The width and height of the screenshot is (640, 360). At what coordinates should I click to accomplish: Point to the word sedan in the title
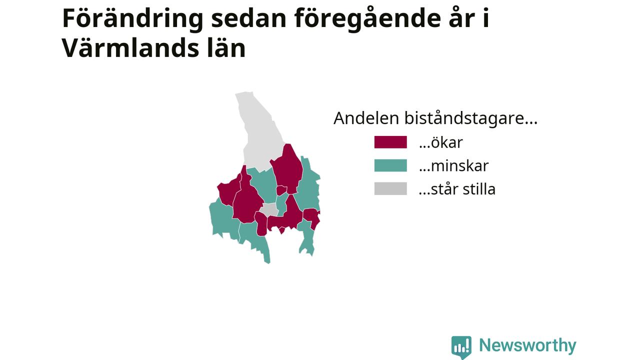(249, 18)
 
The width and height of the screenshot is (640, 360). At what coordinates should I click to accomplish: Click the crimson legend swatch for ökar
(390, 142)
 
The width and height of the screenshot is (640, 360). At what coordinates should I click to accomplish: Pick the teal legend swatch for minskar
(390, 165)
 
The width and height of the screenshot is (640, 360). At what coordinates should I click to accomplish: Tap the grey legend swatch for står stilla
(390, 189)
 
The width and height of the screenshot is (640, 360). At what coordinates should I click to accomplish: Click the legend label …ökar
(441, 142)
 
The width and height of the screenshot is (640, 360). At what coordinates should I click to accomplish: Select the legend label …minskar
(453, 165)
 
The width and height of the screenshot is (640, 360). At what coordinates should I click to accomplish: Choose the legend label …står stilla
(457, 189)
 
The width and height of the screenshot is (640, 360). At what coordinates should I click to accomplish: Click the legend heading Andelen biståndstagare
(435, 117)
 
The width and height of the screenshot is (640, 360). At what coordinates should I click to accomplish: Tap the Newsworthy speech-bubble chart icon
(461, 347)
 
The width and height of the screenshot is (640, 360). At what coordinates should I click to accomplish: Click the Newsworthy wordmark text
(527, 345)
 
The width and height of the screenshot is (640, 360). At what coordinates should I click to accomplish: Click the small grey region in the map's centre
(269, 209)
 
